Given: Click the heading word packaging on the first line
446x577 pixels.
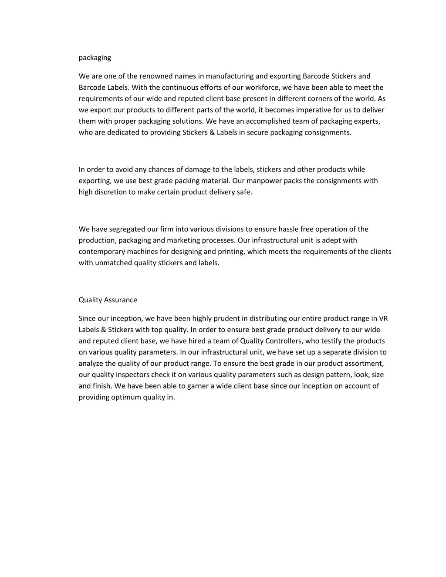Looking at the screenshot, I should [95, 58].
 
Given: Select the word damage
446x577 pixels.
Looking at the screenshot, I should [198, 169].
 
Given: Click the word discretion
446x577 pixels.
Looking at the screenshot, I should [110, 192].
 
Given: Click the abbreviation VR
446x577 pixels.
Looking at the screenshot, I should [383, 318].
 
